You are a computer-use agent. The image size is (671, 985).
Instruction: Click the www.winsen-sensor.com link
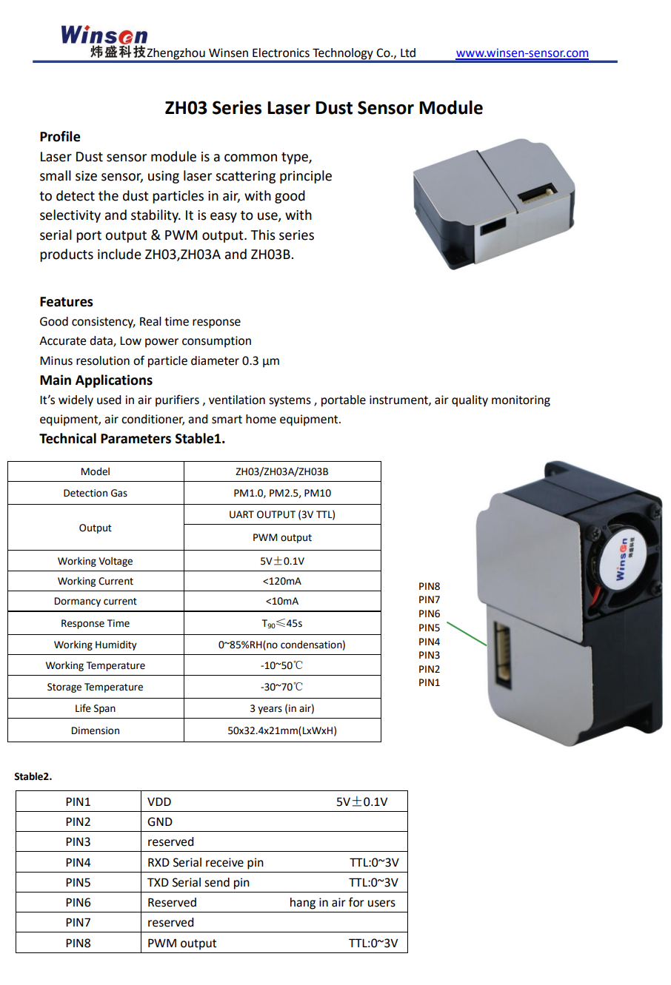pyautogui.click(x=521, y=53)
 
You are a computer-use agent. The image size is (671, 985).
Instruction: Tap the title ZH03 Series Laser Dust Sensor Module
pyautogui.click(x=324, y=108)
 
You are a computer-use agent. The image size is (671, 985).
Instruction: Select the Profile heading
pyautogui.click(x=60, y=137)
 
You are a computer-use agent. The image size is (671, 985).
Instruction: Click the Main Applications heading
pyautogui.click(x=96, y=380)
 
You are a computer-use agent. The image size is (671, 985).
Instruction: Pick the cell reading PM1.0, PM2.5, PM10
pyautogui.click(x=282, y=493)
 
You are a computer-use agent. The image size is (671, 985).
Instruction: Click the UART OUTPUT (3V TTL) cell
pyautogui.click(x=282, y=514)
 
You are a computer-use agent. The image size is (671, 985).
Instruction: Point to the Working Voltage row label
pyautogui.click(x=96, y=561)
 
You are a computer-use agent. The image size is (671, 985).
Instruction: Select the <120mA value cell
pyautogui.click(x=282, y=581)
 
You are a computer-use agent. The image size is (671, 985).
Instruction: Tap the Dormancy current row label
pyautogui.click(x=96, y=601)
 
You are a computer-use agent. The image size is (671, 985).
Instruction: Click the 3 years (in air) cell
pyautogui.click(x=282, y=708)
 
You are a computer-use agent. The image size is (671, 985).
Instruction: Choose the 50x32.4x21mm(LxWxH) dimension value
pyautogui.click(x=282, y=730)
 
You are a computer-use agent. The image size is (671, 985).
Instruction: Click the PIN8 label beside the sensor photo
pyautogui.click(x=429, y=586)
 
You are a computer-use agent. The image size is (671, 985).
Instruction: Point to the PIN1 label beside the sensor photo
pyautogui.click(x=429, y=682)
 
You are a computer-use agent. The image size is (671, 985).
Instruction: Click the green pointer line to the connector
pyautogui.click(x=467, y=634)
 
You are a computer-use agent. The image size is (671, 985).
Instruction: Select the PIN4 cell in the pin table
pyautogui.click(x=78, y=862)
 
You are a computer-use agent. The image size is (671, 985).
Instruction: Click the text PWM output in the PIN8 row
pyautogui.click(x=181, y=943)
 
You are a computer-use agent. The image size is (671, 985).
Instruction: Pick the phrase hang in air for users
pyautogui.click(x=342, y=902)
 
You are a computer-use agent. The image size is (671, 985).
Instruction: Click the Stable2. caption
pyautogui.click(x=33, y=776)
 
